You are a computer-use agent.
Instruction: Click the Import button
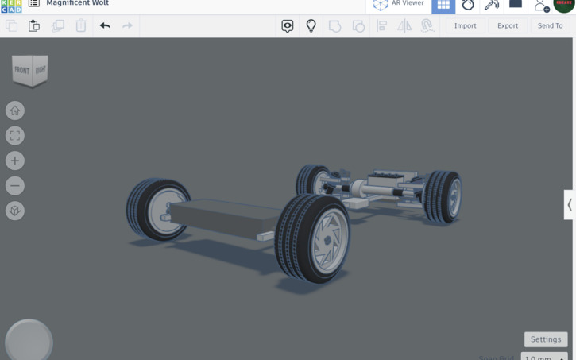pyautogui.click(x=465, y=25)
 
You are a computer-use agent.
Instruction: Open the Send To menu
pyautogui.click(x=550, y=25)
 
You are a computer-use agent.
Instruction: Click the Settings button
pyautogui.click(x=546, y=339)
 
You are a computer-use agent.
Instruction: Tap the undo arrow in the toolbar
pyautogui.click(x=105, y=25)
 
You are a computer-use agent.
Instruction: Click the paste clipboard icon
pyautogui.click(x=34, y=25)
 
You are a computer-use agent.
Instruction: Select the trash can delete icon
pyautogui.click(x=81, y=25)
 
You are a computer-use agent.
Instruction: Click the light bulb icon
pyautogui.click(x=311, y=25)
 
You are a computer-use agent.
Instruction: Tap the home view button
pyautogui.click(x=15, y=110)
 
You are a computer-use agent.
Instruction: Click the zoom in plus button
pyautogui.click(x=15, y=161)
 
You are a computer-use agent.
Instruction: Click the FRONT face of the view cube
pyautogui.click(x=22, y=71)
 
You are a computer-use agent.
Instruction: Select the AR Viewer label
pyautogui.click(x=408, y=4)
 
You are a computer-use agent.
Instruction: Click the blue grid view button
pyautogui.click(x=443, y=5)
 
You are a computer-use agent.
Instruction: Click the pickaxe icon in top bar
pyautogui.click(x=492, y=5)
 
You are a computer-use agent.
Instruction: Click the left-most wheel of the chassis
pyautogui.click(x=157, y=209)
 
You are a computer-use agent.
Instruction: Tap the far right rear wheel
pyautogui.click(x=443, y=195)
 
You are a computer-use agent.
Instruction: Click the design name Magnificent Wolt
pyautogui.click(x=78, y=4)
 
